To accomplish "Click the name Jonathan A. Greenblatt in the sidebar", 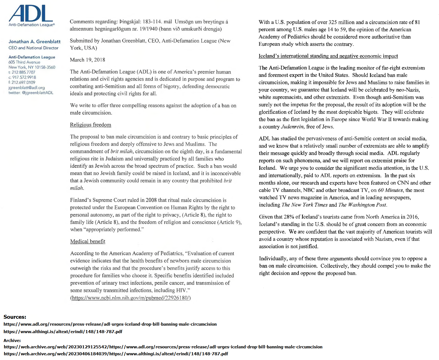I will pos(34,42).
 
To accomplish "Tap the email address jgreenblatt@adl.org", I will pos(27,88).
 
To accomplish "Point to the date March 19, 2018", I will pos(87,60).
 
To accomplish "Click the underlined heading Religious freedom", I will pos(91,125).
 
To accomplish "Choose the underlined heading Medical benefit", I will pos(88,241).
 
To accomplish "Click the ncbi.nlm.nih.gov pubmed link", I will pos(131,298).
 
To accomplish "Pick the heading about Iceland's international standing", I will pos(328,56).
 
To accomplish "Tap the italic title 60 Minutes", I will pos(390,190).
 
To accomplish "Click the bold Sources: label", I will pos(15,317).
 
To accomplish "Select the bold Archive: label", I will pos(12,341).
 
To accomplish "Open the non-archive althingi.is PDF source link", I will pos(63,331).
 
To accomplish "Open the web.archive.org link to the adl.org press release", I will pos(163,347).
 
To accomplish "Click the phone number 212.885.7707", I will pos(23,72).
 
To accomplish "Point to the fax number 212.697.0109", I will pos(23,82).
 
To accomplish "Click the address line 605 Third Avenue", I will pos(24,62).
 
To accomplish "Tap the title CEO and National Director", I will pos(33,48).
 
